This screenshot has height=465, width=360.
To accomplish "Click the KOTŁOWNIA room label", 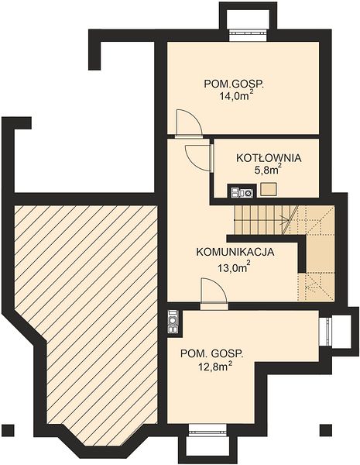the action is (x=269, y=158).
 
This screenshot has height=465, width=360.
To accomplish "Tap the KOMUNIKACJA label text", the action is (x=235, y=253).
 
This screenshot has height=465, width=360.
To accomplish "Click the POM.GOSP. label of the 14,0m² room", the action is (x=234, y=84).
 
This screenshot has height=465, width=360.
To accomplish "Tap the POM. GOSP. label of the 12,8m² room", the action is (x=212, y=354).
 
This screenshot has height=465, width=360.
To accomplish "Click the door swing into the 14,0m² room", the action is (x=188, y=123).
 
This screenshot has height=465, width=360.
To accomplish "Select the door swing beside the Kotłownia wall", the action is (x=197, y=159).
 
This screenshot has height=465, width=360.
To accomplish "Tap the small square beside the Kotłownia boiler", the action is (x=269, y=190).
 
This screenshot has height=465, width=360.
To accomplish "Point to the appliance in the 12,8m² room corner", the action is (x=173, y=321).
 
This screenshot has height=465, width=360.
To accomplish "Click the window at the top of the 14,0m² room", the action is (x=249, y=35).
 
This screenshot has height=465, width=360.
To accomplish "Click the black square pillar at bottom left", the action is (x=9, y=429).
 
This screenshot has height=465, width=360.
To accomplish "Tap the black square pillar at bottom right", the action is (x=325, y=429).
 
